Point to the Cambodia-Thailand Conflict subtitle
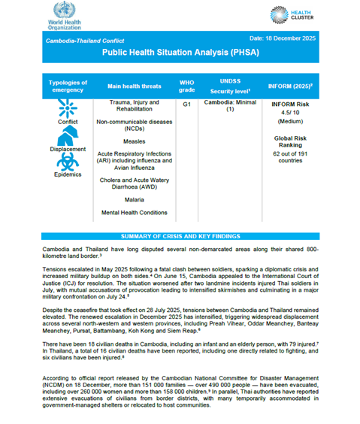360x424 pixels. click(86, 41)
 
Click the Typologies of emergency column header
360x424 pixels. click(68, 86)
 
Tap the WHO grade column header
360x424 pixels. click(186, 86)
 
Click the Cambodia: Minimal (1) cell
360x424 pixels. click(230, 108)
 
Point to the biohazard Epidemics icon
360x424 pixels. click(67, 162)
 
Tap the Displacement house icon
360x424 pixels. click(68, 135)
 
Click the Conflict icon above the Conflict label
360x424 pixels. click(68, 108)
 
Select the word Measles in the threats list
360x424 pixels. click(135, 141)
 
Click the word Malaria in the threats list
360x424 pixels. click(135, 200)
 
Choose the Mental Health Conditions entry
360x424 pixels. click(135, 214)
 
